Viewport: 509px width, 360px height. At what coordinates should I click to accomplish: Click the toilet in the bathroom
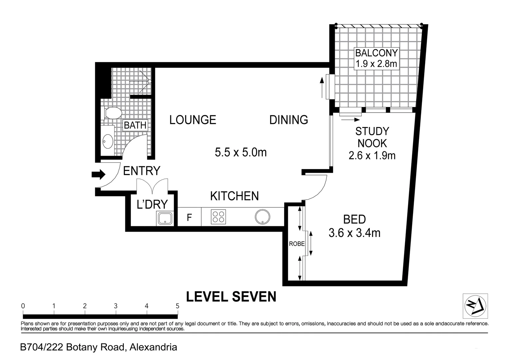pos(112,113)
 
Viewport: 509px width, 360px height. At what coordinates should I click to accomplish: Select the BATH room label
pos(135,125)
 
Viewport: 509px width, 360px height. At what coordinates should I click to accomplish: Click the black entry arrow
pos(98,174)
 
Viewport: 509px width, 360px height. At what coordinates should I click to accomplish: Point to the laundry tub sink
pos(165,218)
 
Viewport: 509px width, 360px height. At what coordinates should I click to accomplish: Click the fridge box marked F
pos(189,218)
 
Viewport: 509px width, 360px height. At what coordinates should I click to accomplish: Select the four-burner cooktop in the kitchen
pos(218,217)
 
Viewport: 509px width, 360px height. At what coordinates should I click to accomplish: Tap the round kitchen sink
pos(262,217)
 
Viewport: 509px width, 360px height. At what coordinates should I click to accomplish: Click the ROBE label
pos(296,244)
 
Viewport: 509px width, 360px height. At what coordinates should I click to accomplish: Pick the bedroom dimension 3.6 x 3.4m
pos(354,232)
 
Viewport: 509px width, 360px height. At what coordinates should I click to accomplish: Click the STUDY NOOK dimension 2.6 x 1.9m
pos(372,155)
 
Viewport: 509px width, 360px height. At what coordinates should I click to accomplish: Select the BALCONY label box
pos(376,58)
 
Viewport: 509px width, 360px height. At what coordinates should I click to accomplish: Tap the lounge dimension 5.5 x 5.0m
pos(241,152)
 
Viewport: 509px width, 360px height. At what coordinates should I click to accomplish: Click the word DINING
pos(288,120)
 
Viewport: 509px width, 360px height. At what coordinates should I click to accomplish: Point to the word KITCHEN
pos(234,196)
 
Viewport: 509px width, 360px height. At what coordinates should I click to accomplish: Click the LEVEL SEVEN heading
pos(231,296)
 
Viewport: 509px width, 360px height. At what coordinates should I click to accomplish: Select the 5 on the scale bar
pos(177,306)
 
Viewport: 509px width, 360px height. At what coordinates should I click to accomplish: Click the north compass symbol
pos(475,306)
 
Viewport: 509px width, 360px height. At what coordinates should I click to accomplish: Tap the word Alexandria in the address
pos(153,347)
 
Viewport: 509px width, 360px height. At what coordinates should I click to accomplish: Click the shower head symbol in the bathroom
pos(150,81)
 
